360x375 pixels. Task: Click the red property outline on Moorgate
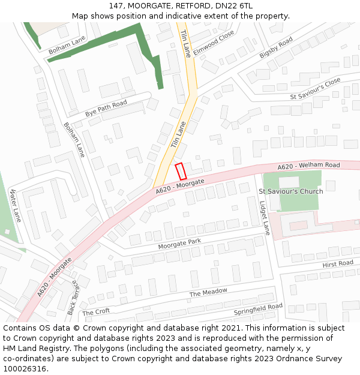[181, 171]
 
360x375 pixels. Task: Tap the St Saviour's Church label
[290, 191]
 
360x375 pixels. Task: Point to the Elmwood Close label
[214, 44]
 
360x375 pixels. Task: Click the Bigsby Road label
[276, 47]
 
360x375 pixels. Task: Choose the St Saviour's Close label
[315, 88]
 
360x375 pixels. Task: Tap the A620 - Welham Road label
[308, 166]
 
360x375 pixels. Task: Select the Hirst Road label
[338, 264]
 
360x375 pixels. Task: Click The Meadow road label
[208, 293]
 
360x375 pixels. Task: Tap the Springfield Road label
[258, 310]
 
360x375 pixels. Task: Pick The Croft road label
[96, 312]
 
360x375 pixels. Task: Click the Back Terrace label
[73, 298]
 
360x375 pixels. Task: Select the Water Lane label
[15, 206]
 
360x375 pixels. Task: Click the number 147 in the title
[116, 6]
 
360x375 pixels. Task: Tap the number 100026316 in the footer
[25, 368]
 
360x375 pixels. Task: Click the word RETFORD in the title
[191, 6]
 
